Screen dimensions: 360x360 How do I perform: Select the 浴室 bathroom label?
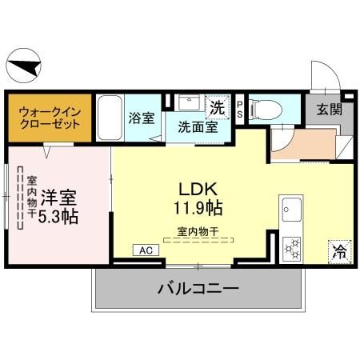coord(142,118)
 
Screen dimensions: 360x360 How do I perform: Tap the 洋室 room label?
coord(58,195)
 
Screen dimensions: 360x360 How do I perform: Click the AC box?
coord(146,250)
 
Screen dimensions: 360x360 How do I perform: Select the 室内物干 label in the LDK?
coord(198,231)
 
